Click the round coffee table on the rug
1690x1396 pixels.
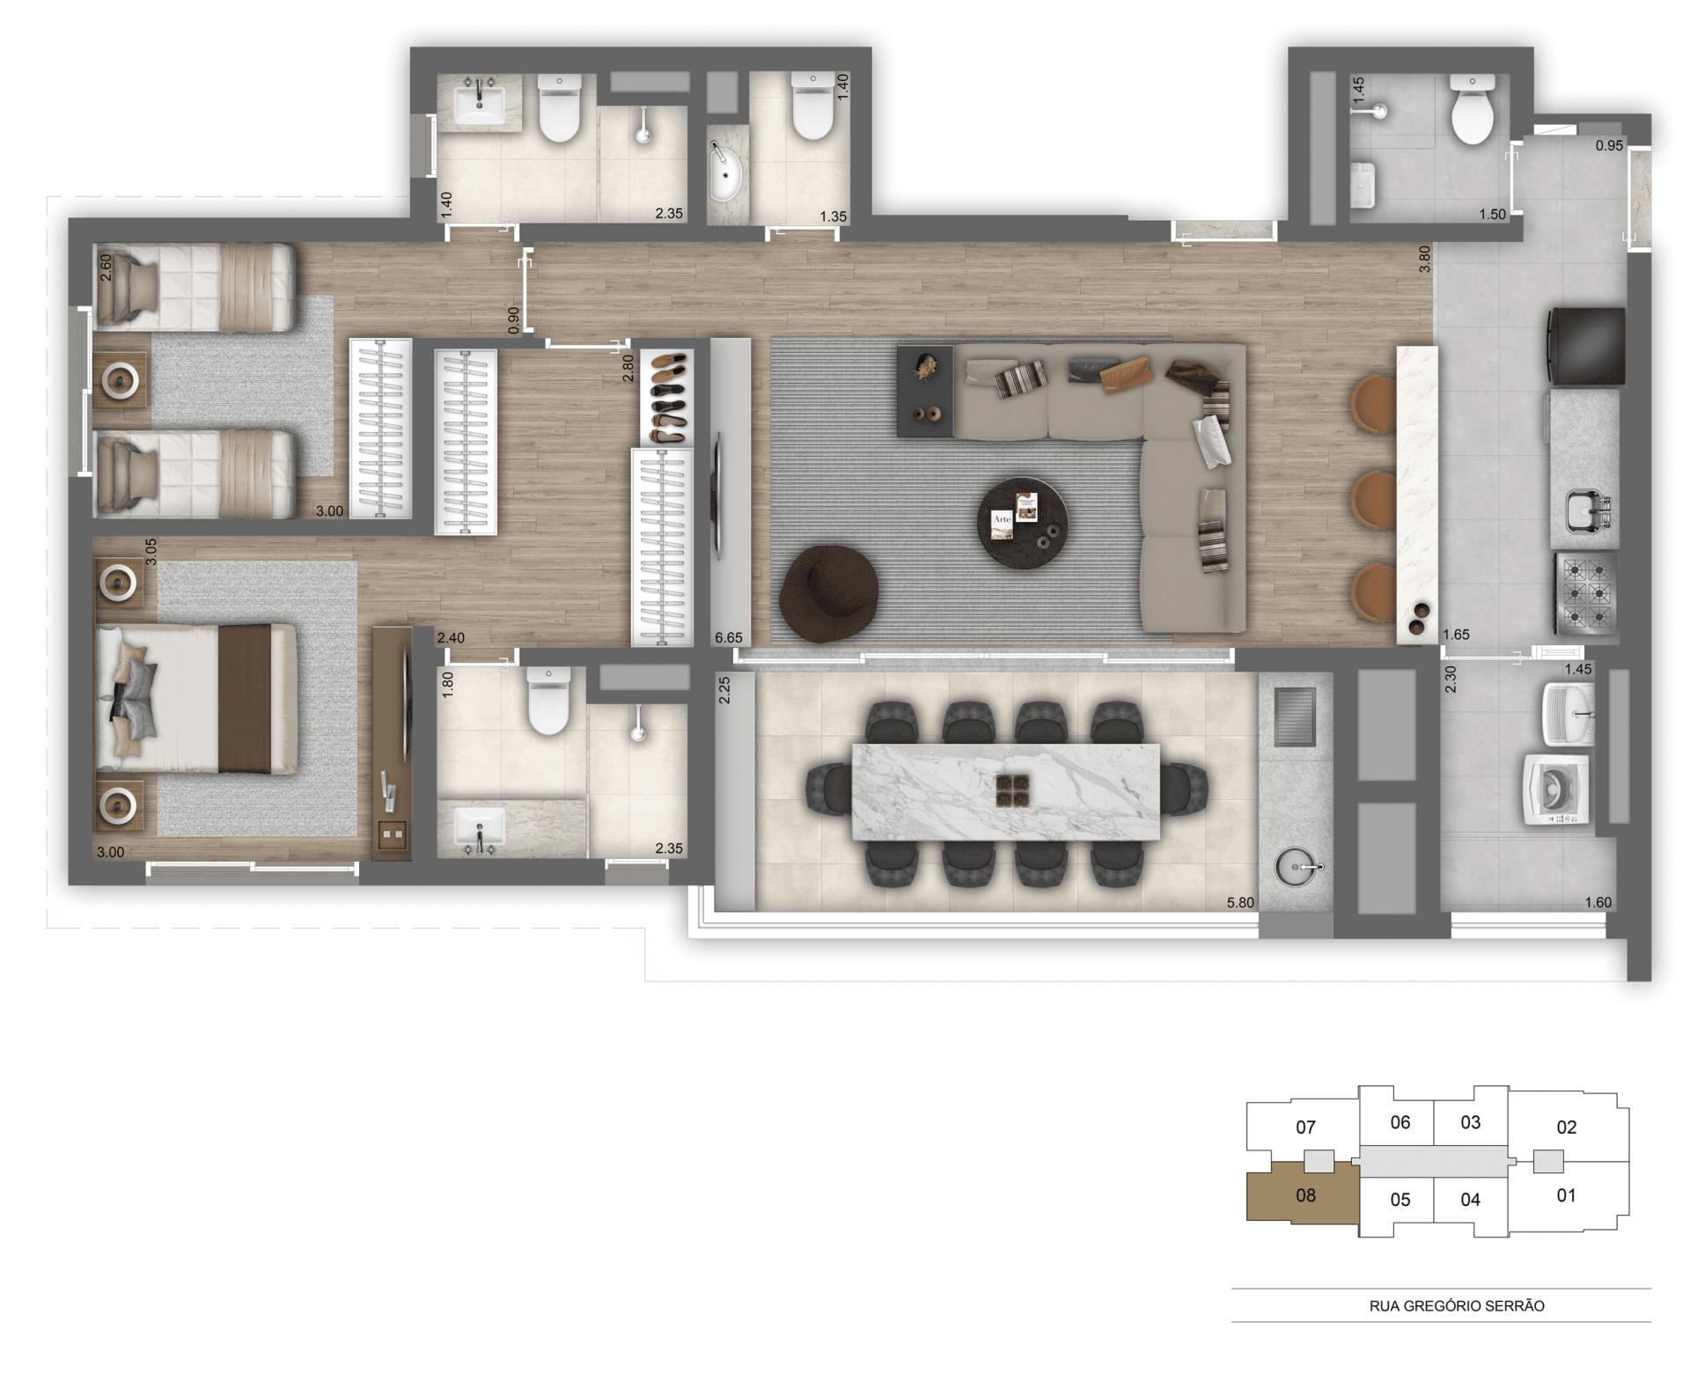click(x=1023, y=524)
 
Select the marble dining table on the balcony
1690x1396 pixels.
click(x=1005, y=791)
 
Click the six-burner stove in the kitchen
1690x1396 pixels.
click(x=1586, y=592)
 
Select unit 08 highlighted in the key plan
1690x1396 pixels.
click(x=1304, y=1195)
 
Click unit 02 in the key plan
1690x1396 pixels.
click(x=1566, y=1127)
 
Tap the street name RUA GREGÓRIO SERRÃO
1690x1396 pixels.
click(x=1456, y=1306)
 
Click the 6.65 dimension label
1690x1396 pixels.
click(x=729, y=637)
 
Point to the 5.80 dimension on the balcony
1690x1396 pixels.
click(x=1240, y=902)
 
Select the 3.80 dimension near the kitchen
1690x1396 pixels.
click(x=1424, y=258)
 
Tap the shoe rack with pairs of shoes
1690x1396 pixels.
click(x=666, y=397)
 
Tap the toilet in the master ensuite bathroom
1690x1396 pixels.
click(x=547, y=701)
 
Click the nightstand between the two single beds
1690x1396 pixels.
click(x=121, y=379)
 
